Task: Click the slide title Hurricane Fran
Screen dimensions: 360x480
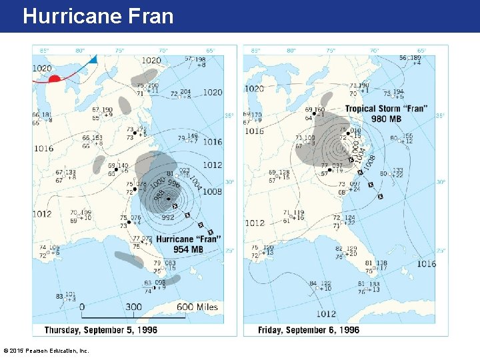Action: [x=98, y=16]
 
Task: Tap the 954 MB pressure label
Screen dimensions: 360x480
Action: [x=189, y=249]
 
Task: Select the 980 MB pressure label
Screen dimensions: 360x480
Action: [x=387, y=119]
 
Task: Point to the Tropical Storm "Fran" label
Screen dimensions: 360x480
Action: [x=387, y=109]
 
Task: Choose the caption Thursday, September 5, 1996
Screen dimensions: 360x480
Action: [x=101, y=329]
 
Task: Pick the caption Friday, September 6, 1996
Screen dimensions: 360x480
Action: [x=311, y=329]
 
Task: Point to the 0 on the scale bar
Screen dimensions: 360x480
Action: [x=82, y=307]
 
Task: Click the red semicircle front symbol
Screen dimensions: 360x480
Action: [x=55, y=79]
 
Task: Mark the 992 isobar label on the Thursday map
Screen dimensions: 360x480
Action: [x=167, y=217]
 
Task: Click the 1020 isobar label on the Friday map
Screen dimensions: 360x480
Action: [x=254, y=89]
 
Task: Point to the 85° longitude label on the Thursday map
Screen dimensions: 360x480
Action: [x=44, y=50]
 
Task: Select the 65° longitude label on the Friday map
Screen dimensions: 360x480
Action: [x=421, y=50]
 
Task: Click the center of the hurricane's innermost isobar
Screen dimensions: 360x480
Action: [x=173, y=199]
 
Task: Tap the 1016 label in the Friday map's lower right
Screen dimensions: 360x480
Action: [x=427, y=264]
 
